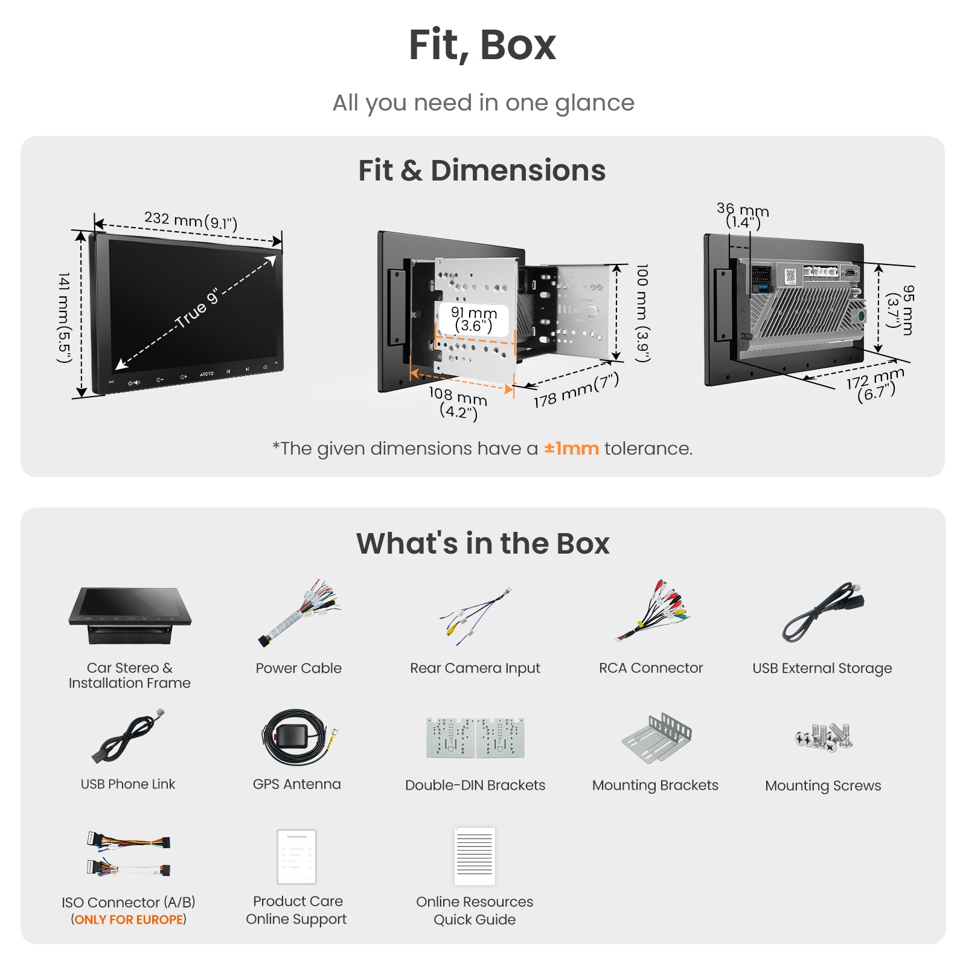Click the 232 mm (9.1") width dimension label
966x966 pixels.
click(x=191, y=220)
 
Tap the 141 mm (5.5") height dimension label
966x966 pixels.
click(x=64, y=318)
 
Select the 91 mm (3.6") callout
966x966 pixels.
click(x=474, y=319)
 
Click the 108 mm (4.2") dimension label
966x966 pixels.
click(x=458, y=403)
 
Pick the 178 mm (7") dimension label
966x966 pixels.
click(x=576, y=390)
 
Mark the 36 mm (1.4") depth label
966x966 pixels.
click(x=743, y=216)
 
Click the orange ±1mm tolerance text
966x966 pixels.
click(x=571, y=449)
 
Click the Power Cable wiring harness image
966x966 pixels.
click(x=299, y=612)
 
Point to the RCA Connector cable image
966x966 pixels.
click(x=652, y=611)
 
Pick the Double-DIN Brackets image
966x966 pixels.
click(x=475, y=737)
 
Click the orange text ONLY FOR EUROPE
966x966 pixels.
click(x=129, y=920)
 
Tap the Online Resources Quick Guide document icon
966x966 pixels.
click(x=475, y=856)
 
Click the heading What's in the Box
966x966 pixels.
click(x=483, y=543)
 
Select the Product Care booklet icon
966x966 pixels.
click(x=296, y=857)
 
